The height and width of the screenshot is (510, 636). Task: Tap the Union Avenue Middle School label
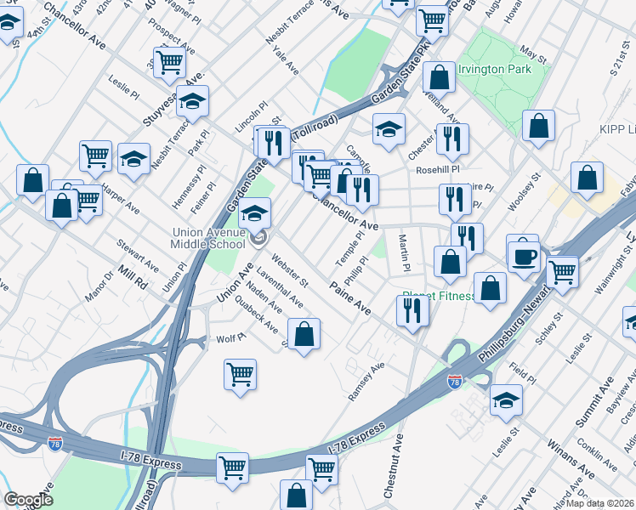point(213,237)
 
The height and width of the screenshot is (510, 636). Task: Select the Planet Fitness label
point(439,297)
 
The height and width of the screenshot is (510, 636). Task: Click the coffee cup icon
point(523,254)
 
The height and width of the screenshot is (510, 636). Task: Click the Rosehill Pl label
point(437,170)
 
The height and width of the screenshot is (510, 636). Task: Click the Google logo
point(28,500)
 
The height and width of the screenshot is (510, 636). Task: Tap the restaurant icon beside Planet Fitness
point(412,311)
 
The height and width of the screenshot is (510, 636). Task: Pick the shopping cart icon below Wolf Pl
point(241,373)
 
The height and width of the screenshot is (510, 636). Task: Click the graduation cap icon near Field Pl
point(506,399)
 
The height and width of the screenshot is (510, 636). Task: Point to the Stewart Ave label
point(138,256)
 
